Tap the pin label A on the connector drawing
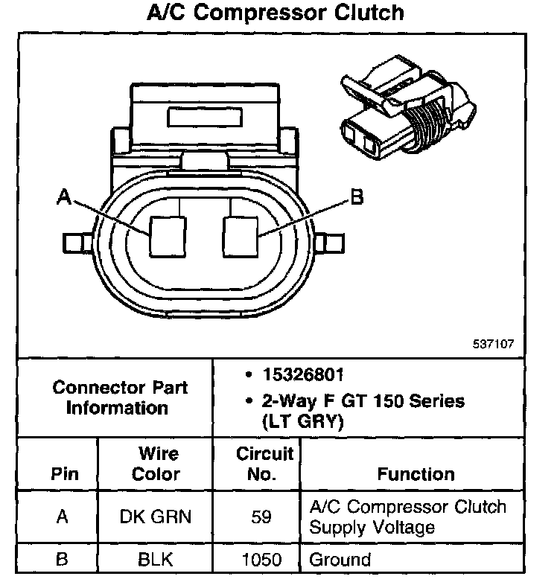tap(65, 198)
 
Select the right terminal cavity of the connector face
tap(241, 237)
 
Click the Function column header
tap(416, 473)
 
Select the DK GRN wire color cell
tap(156, 517)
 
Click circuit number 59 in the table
tap(261, 517)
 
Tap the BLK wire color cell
tap(156, 559)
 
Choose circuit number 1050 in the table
tap(261, 559)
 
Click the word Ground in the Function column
tap(340, 559)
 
